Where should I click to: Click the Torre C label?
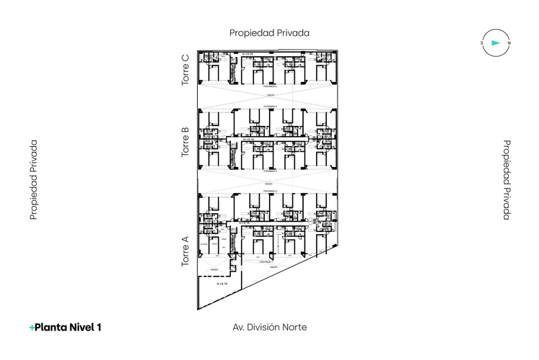[186, 70]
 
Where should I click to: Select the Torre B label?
[186, 143]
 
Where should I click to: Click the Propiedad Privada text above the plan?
[269, 32]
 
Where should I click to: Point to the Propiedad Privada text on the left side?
[33, 179]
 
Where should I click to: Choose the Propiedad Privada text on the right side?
[506, 179]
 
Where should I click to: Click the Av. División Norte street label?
[270, 327]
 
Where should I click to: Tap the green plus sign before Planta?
[32, 328]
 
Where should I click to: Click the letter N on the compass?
[509, 43]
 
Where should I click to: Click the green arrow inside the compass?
[495, 43]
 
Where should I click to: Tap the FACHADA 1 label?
[266, 262]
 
